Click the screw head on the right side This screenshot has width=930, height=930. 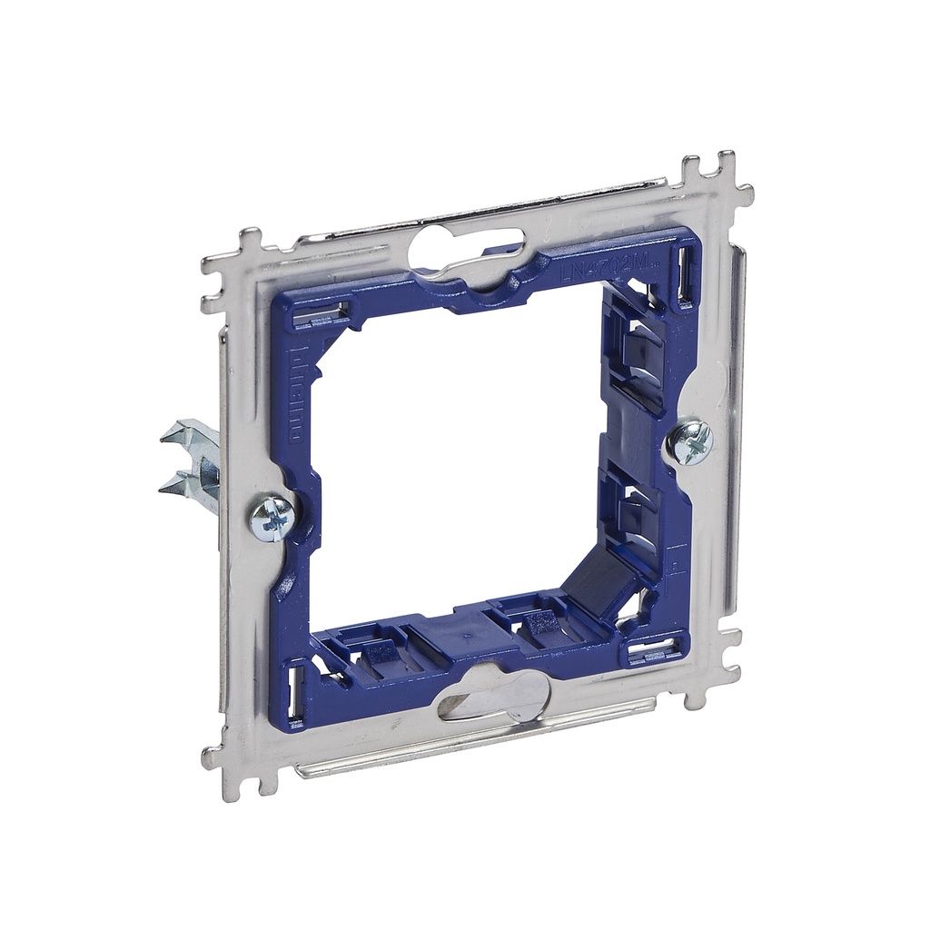click(x=690, y=442)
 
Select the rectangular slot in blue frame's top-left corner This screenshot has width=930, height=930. click(x=321, y=315)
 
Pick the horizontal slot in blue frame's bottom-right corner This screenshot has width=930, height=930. click(x=652, y=650)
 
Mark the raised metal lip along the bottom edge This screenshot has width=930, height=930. click(x=472, y=740)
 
